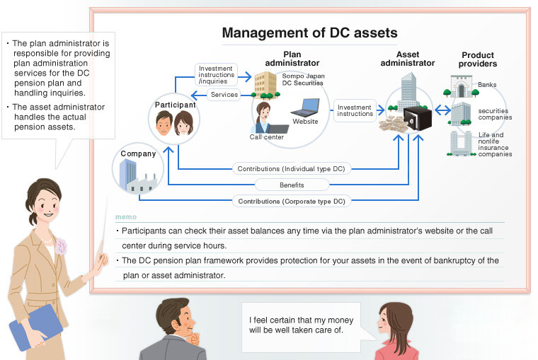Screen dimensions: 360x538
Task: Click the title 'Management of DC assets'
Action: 309,33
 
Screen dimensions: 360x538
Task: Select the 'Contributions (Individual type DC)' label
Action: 291,169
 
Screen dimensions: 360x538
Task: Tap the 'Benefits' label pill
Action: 291,185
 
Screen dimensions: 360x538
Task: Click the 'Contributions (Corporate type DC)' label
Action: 291,202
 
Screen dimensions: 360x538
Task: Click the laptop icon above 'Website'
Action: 305,108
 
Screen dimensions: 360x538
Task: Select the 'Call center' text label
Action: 267,137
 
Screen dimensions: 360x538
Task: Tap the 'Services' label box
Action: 224,95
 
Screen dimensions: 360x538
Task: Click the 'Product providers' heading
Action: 478,59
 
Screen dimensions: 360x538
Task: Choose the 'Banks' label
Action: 487,85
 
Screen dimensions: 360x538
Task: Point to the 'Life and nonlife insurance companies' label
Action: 494,144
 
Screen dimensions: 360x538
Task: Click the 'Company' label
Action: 137,153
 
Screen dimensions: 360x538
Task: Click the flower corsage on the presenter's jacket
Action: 62,247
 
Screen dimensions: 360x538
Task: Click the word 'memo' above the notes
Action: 125,216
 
